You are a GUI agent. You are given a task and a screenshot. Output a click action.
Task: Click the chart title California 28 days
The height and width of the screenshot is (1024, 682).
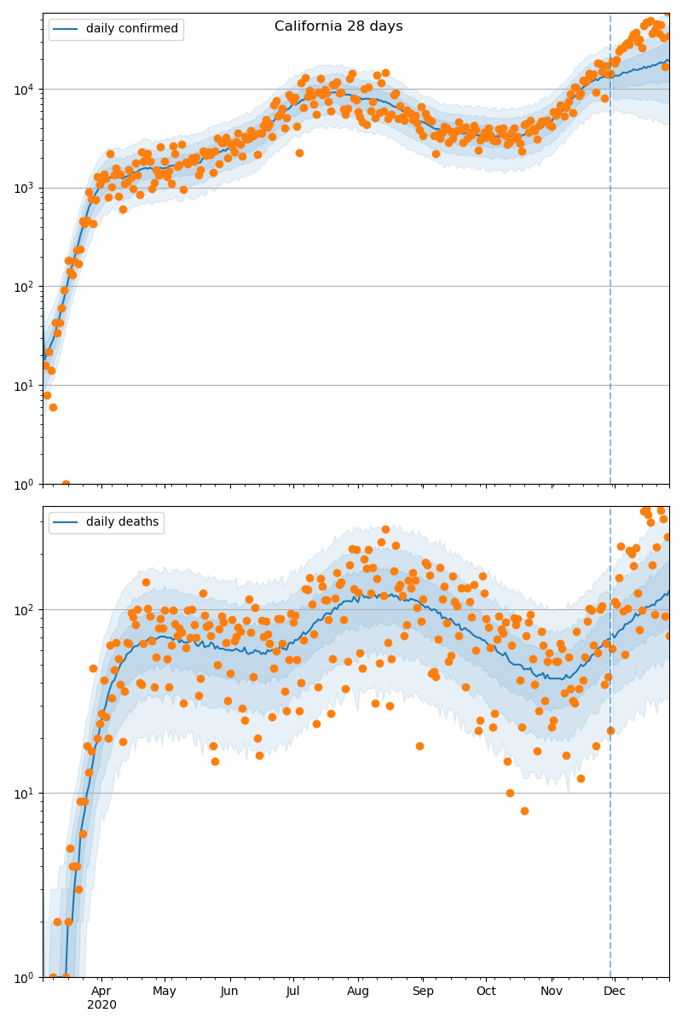coord(338,26)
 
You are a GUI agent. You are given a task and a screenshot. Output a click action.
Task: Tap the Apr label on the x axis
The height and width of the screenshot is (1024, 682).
coord(101,991)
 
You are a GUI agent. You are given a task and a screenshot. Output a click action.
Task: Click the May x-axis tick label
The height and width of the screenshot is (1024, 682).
coord(165,991)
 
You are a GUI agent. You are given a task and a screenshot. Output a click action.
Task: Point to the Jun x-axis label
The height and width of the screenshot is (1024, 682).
coord(229,991)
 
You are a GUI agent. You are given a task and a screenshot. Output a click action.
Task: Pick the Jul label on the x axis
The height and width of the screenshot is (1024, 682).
coord(292,991)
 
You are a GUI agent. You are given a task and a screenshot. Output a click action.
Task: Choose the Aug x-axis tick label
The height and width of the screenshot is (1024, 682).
coord(358,991)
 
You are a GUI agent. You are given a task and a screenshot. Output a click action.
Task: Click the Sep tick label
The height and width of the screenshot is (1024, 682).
coord(423,991)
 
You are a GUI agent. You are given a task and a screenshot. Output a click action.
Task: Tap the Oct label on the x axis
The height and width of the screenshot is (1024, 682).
coord(486,991)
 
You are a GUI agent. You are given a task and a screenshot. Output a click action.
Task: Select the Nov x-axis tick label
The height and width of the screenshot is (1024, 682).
coord(552,991)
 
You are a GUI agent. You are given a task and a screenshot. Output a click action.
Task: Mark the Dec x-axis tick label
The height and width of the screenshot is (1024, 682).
coord(615,991)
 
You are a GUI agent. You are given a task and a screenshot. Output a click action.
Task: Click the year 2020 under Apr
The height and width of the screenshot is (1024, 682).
coord(101,1004)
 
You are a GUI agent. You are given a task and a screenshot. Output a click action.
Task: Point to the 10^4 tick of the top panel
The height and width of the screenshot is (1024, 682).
coord(23,89)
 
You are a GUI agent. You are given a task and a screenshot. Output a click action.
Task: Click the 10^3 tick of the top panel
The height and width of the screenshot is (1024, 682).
coord(23,188)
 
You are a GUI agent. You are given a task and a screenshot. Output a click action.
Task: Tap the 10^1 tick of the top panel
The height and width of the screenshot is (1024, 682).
coord(23,385)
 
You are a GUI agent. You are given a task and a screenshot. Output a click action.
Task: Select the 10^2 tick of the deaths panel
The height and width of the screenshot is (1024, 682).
coord(23,609)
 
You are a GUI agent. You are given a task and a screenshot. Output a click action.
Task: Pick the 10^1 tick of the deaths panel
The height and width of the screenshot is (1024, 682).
coord(23,793)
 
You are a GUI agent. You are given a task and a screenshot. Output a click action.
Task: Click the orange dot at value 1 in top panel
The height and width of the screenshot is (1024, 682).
coord(66,484)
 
